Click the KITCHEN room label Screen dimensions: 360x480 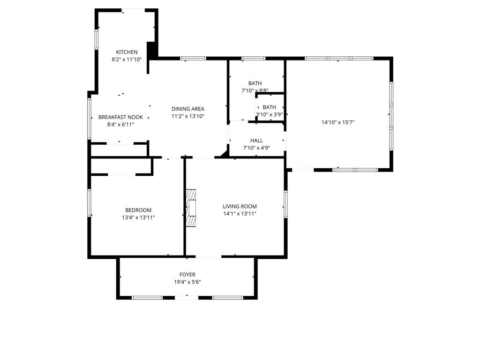point(127,52)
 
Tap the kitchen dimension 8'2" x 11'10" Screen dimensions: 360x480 point(127,60)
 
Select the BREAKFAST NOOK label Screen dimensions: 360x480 point(120,117)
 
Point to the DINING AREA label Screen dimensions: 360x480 point(187,109)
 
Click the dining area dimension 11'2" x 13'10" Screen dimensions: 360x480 point(187,116)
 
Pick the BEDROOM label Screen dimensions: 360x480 point(138,210)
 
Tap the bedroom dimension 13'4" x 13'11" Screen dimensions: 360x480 point(138,217)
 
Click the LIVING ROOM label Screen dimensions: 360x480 point(240,206)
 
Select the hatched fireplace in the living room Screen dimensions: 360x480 point(191,208)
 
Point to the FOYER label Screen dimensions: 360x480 point(187,275)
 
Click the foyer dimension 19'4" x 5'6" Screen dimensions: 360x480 point(187,282)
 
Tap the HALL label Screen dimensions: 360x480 point(256,140)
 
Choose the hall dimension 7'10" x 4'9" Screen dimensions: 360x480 point(256,148)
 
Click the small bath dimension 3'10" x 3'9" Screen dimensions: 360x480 point(270,114)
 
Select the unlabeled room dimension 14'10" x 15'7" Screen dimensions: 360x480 point(337,122)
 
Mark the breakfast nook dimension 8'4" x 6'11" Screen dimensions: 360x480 point(120,125)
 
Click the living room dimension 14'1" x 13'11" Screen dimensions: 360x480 point(240,214)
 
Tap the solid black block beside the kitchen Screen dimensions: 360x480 point(151,51)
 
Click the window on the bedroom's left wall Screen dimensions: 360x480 point(89,202)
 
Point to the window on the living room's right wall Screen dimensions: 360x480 point(285,204)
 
